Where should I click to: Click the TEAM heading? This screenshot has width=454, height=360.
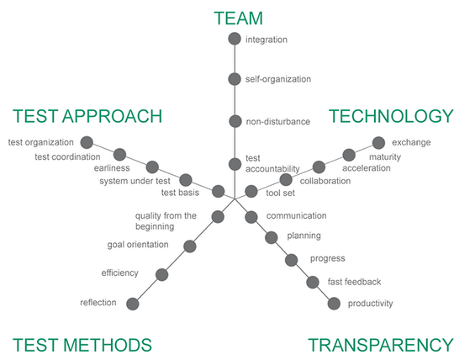coord(238,19)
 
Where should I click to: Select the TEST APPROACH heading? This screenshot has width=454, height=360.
coord(87,116)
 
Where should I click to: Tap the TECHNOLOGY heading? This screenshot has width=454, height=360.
coord(391,116)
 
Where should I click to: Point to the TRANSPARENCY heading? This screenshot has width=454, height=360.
coord(381,345)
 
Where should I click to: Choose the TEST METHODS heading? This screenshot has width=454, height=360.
coord(82,345)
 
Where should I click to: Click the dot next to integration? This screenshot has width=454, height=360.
coord(235,39)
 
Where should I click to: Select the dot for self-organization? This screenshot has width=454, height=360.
coord(235,79)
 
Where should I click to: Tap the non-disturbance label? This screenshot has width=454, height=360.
coord(278,121)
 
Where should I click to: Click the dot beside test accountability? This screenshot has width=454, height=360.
coord(235,164)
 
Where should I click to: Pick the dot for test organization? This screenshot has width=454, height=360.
coord(87,142)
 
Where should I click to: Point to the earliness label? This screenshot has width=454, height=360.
coord(112,168)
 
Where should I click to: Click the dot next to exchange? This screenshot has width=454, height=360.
coord(378,143)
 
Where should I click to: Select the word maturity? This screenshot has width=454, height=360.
coord(385,157)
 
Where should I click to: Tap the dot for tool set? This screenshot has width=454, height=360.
coord(251,192)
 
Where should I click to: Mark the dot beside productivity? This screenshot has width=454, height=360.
coord(334,304)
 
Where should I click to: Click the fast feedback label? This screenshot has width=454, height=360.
coord(354,282)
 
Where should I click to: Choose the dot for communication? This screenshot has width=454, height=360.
coord(251,217)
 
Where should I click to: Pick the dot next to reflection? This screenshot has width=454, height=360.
coord(133,304)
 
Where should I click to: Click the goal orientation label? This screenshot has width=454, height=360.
coord(138,245)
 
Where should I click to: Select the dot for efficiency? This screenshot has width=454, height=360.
coord(162,274)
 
